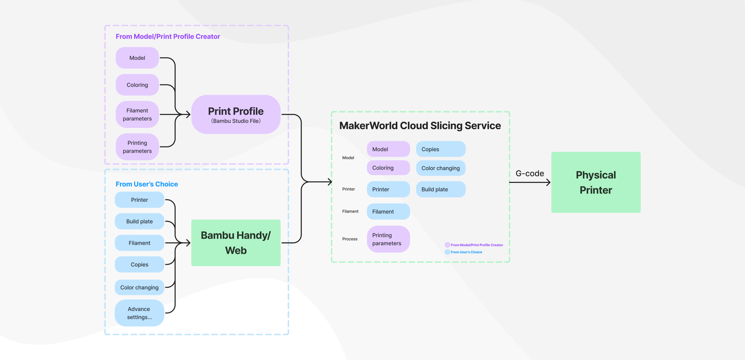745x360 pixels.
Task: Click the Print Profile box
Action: (236, 115)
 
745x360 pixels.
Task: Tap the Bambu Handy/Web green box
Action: (236, 243)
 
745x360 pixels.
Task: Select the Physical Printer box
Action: (596, 182)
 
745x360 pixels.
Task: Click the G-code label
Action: (530, 173)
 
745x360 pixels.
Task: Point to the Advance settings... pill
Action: (139, 313)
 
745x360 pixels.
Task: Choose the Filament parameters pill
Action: (137, 115)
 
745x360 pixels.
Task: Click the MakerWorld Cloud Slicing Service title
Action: (420, 126)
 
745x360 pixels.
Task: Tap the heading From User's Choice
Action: (147, 184)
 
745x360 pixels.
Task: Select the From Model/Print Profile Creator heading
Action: (168, 37)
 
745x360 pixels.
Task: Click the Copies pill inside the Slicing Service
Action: (440, 149)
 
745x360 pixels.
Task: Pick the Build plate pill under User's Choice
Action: (139, 221)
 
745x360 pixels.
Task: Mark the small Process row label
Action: (350, 239)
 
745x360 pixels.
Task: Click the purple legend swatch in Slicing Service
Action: (447, 245)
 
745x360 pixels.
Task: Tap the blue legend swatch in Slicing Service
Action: (447, 252)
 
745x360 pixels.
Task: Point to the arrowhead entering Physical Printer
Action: (549, 182)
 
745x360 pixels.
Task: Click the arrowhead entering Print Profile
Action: (188, 115)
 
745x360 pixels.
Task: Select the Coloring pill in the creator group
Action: (137, 85)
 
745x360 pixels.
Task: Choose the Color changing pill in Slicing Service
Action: (440, 168)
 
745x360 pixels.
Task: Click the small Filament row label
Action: (350, 211)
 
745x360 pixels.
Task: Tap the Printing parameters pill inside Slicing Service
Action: (388, 239)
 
